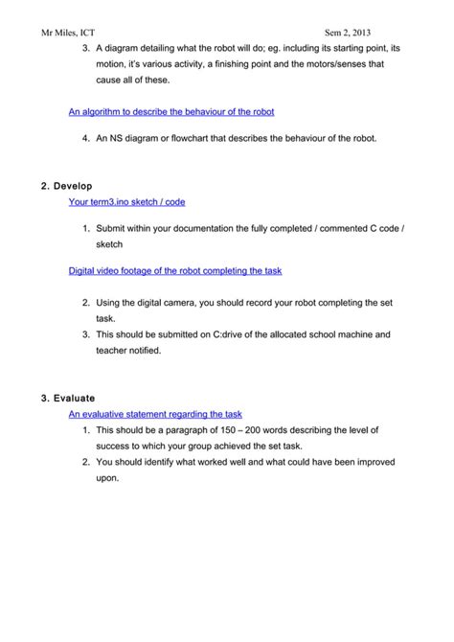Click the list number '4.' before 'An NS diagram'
pyautogui.click(x=86, y=138)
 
